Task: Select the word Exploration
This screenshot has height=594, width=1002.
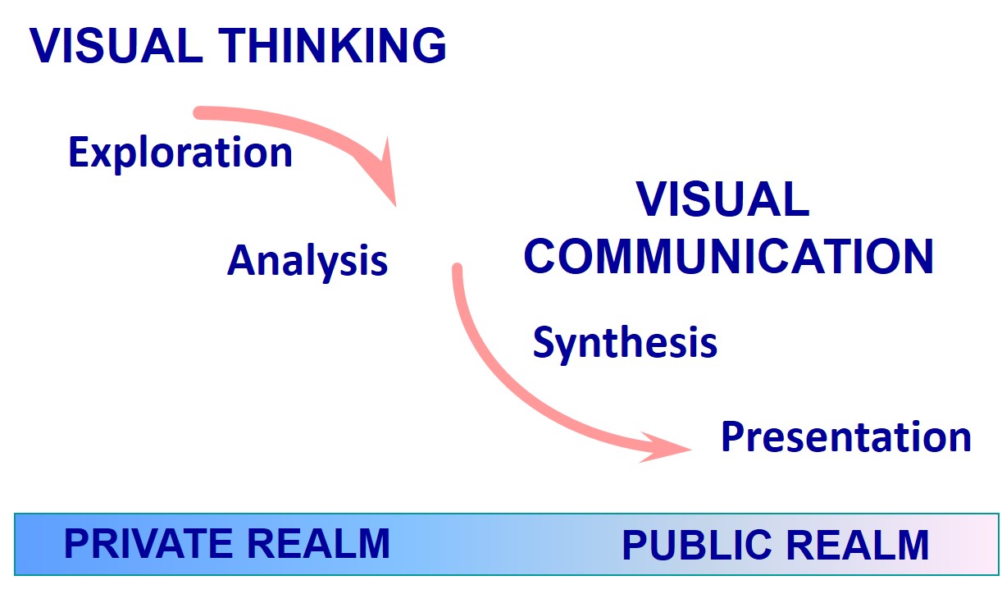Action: point(180,153)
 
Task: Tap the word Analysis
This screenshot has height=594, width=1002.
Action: point(307,261)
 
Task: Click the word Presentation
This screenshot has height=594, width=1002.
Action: point(845,437)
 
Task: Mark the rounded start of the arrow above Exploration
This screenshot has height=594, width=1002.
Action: point(198,112)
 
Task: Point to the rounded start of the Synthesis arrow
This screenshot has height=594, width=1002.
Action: point(458,269)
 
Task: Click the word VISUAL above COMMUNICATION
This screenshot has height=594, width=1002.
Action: point(722,199)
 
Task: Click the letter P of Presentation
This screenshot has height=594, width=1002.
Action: point(731,437)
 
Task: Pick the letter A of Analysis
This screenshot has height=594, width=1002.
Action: point(239,261)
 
